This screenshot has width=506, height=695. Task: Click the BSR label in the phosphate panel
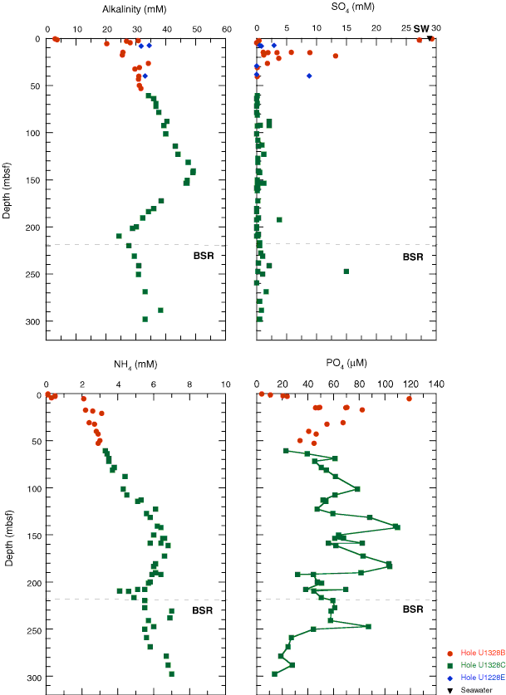pyautogui.click(x=413, y=609)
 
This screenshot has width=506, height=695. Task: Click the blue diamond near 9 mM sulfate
pyautogui.click(x=309, y=76)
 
